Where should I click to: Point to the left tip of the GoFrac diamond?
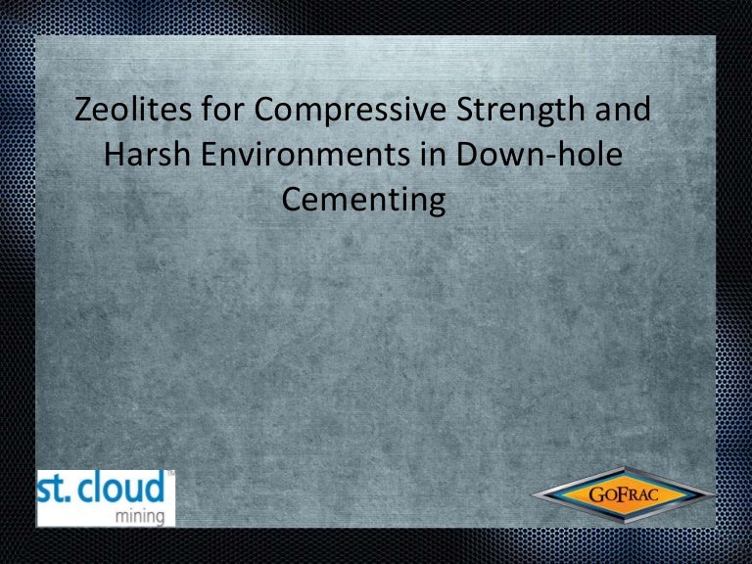[x=534, y=494]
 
